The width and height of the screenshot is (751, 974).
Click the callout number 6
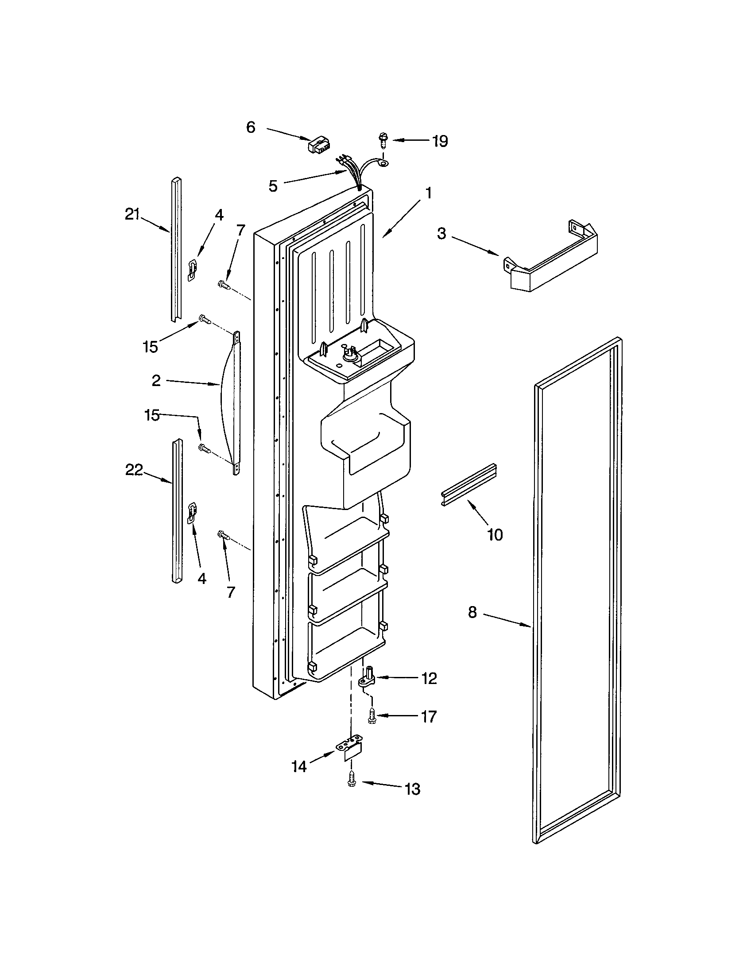pos(251,128)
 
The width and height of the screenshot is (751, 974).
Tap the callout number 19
pos(440,141)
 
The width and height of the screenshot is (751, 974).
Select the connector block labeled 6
pos(318,144)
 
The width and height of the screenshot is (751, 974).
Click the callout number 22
pos(134,470)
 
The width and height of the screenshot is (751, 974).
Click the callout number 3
pos(441,233)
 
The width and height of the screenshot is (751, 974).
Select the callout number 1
pos(428,193)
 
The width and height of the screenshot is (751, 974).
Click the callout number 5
pos(273,186)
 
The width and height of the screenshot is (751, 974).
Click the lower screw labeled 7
pos(223,535)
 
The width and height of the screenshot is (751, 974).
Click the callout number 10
pos(495,534)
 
